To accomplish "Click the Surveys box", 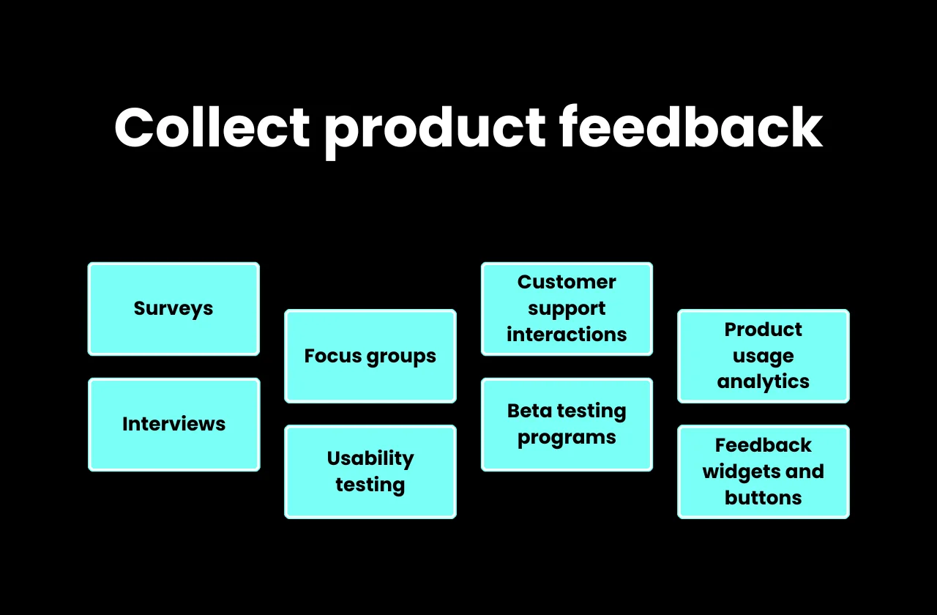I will click(x=173, y=309).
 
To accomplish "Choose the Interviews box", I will click(x=173, y=425).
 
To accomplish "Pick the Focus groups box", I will click(x=370, y=357).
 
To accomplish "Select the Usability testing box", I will click(x=370, y=471).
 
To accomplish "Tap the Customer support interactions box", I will click(x=567, y=309).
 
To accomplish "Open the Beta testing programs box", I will click(x=567, y=425).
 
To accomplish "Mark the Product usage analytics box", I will click(x=764, y=357).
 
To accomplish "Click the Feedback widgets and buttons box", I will click(x=764, y=471).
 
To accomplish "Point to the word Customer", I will click(x=567, y=283).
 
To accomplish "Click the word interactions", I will click(x=567, y=335).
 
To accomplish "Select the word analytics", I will click(x=764, y=382).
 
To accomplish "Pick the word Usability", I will click(x=370, y=459).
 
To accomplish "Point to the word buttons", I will click(x=764, y=499).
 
